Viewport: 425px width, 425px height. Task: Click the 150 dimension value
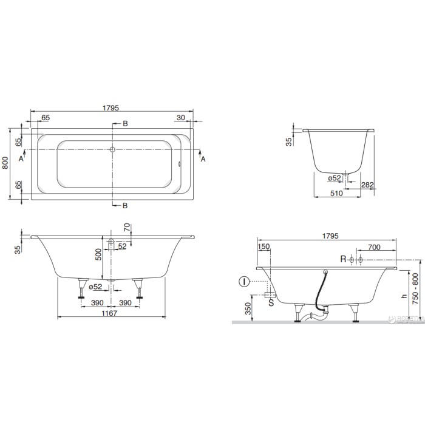263,248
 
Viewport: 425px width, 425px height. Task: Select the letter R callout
343,259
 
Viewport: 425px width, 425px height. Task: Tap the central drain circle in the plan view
113,149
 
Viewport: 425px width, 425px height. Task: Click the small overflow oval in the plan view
180,162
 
